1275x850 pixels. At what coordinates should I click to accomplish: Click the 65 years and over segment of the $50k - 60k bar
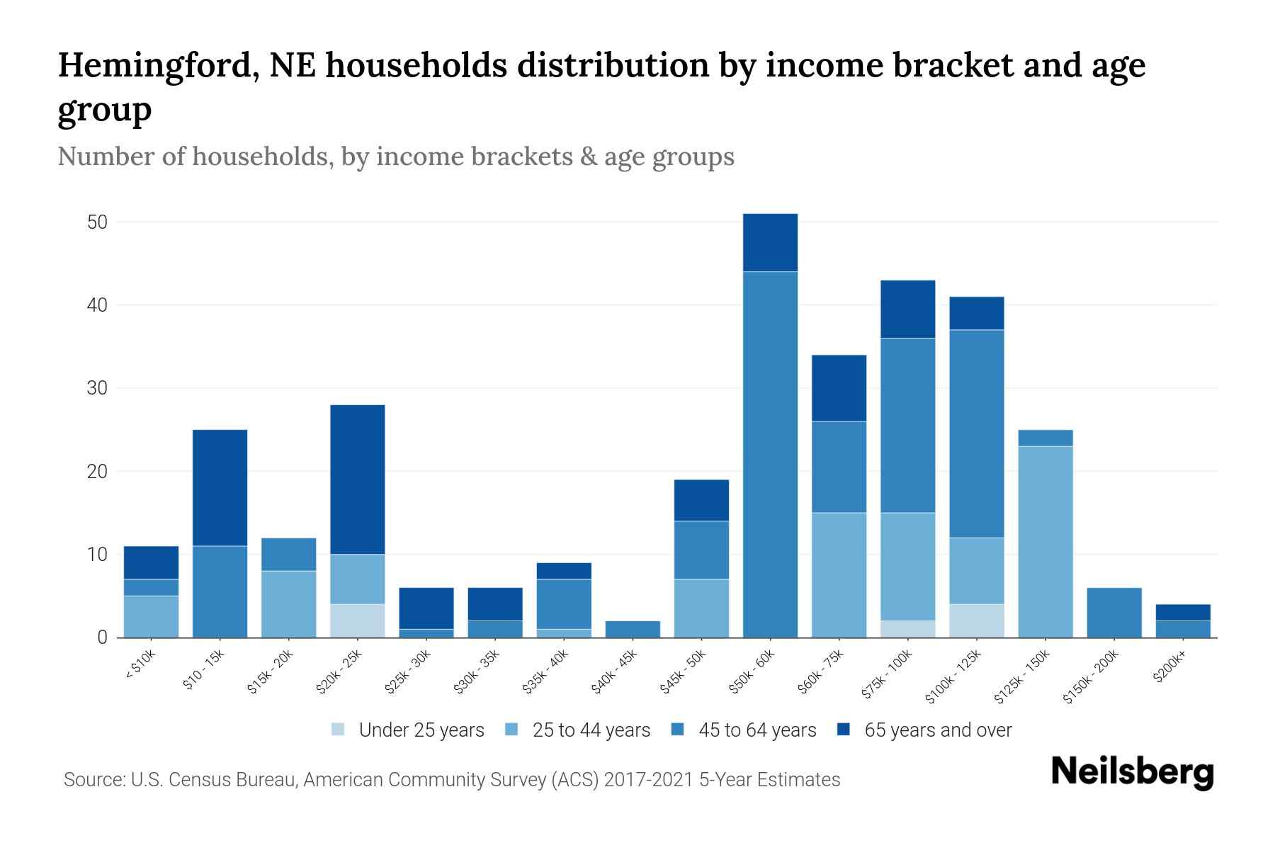(770, 242)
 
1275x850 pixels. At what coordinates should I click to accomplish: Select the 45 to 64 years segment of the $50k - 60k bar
(770, 453)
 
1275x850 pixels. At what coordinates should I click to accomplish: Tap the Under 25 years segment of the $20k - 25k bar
(358, 620)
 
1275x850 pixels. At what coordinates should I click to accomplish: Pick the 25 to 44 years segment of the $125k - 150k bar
(1045, 542)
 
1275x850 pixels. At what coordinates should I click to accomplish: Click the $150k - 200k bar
(1113, 613)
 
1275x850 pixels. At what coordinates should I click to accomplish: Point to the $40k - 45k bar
(633, 629)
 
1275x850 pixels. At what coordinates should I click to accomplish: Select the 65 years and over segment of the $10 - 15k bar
(220, 487)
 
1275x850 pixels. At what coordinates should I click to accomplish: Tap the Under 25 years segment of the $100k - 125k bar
(976, 620)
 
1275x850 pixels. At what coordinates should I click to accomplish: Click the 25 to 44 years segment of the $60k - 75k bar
(839, 574)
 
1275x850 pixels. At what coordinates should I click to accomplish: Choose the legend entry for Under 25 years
(408, 730)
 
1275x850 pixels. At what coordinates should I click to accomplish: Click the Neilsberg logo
(1132, 772)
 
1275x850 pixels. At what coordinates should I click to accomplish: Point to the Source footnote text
(451, 780)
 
